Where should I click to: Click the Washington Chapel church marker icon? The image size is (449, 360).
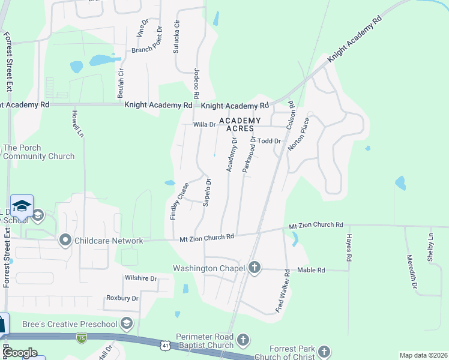coord(255,268)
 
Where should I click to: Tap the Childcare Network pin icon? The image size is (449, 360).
coord(65,241)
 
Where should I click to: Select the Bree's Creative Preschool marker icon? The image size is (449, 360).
coord(127,324)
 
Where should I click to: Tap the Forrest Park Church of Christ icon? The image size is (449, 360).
coord(324,352)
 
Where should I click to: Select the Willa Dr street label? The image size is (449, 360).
coord(204,125)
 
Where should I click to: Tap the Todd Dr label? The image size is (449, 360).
coord(270,141)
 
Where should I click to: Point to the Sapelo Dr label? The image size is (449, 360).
coord(206,192)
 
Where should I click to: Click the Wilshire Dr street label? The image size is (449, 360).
coord(140,278)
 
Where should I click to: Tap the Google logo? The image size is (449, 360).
coord(20,353)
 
